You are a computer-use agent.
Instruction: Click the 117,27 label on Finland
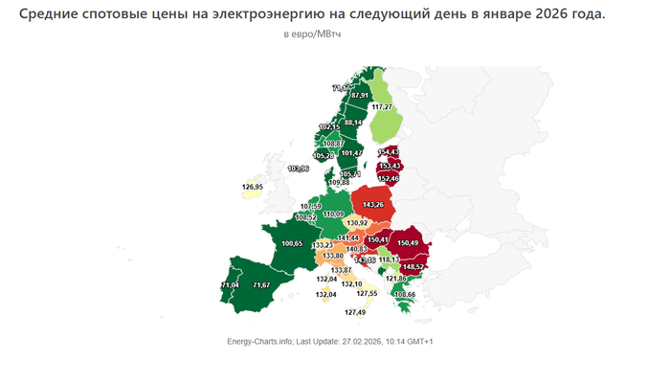click(x=383, y=106)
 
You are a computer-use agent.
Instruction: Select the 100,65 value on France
click(x=292, y=244)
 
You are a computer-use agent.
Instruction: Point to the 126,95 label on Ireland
click(x=254, y=187)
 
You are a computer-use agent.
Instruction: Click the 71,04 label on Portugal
click(x=230, y=285)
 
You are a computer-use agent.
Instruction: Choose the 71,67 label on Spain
click(x=261, y=285)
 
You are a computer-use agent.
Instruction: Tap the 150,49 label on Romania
click(x=409, y=243)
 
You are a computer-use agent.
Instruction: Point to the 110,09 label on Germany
click(x=334, y=214)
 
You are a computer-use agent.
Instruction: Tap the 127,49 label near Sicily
click(x=355, y=313)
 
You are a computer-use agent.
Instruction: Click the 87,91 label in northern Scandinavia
click(x=360, y=96)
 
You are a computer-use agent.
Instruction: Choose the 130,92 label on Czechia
click(x=357, y=223)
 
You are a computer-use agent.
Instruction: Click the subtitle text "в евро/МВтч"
click(x=313, y=34)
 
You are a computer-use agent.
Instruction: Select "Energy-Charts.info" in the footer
click(x=260, y=342)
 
